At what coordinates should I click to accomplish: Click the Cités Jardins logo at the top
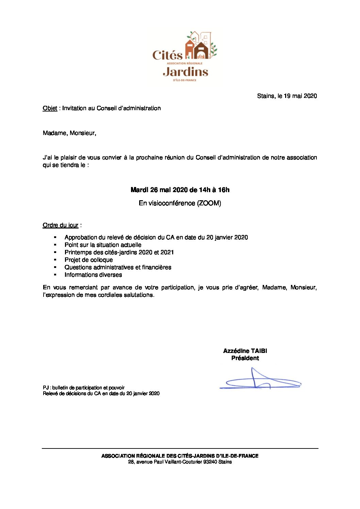coord(184,56)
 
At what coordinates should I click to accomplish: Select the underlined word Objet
coord(50,108)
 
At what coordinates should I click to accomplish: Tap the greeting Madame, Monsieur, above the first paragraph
coord(69,133)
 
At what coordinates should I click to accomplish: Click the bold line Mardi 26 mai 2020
coord(180,190)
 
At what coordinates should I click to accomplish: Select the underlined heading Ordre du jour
coord(61,225)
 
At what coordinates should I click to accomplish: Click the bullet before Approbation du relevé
coord(55,237)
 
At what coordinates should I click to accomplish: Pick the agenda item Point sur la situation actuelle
coord(103,245)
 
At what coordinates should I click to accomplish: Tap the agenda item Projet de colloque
coord(88,260)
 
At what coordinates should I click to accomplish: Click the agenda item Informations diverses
coord(93,275)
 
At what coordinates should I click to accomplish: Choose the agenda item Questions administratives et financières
coord(118,267)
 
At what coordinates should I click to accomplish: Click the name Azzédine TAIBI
coord(245,351)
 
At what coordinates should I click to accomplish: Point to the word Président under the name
coord(245,358)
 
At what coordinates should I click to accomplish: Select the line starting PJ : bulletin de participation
coord(84,388)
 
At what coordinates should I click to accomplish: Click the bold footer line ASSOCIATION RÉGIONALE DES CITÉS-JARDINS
coord(180,456)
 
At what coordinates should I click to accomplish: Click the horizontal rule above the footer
coord(180,448)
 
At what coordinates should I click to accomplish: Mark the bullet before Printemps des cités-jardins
coord(55,252)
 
